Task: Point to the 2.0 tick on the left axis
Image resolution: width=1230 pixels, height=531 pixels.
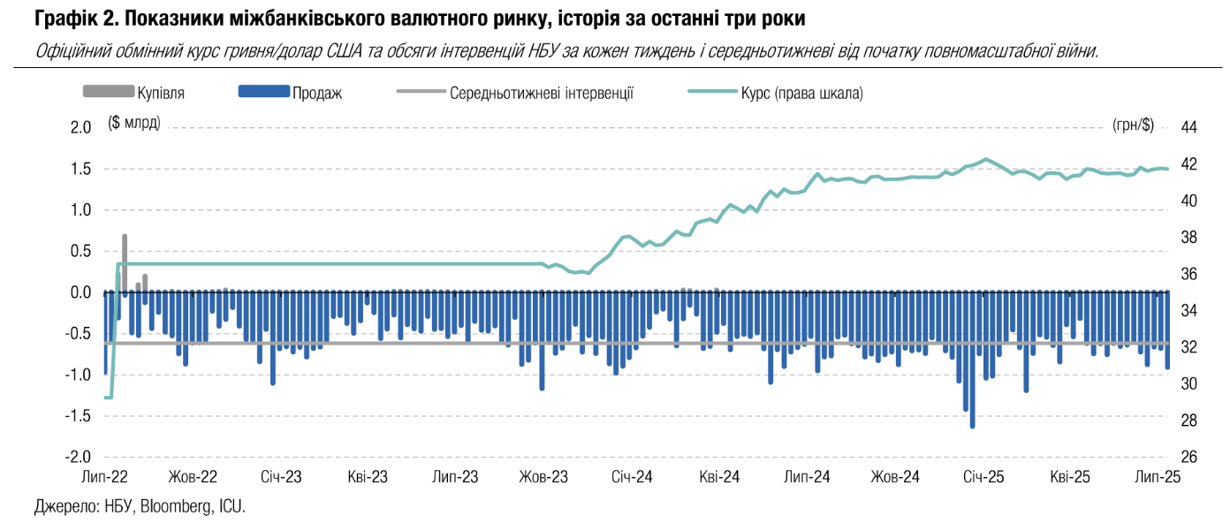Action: coord(80,127)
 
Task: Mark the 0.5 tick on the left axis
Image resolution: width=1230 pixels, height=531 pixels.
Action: coord(80,252)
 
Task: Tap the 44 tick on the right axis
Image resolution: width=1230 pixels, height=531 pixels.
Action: coord(1188,127)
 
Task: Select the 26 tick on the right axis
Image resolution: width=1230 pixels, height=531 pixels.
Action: coord(1188,458)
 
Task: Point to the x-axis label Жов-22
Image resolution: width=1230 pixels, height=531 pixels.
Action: coord(193,478)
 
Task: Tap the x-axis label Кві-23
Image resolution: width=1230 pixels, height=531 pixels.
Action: coord(368,478)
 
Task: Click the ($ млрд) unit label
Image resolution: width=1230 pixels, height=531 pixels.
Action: coord(134,123)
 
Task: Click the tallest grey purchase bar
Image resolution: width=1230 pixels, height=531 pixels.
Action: coord(125,263)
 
